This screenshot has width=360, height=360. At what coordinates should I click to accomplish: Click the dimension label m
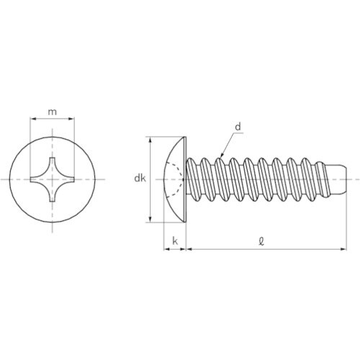53,112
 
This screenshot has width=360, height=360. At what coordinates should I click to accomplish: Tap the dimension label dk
140,179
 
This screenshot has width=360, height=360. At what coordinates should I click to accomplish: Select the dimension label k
175,241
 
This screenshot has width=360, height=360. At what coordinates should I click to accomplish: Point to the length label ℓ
261,241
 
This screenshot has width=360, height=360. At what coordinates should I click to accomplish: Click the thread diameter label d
238,127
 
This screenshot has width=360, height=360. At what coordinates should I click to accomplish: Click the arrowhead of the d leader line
222,156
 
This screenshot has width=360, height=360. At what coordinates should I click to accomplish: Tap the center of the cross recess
53,179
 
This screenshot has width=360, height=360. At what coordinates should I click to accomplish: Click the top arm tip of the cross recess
53,158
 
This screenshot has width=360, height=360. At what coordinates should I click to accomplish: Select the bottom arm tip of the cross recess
53,201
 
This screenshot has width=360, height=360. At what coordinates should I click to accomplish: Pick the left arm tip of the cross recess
31,179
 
